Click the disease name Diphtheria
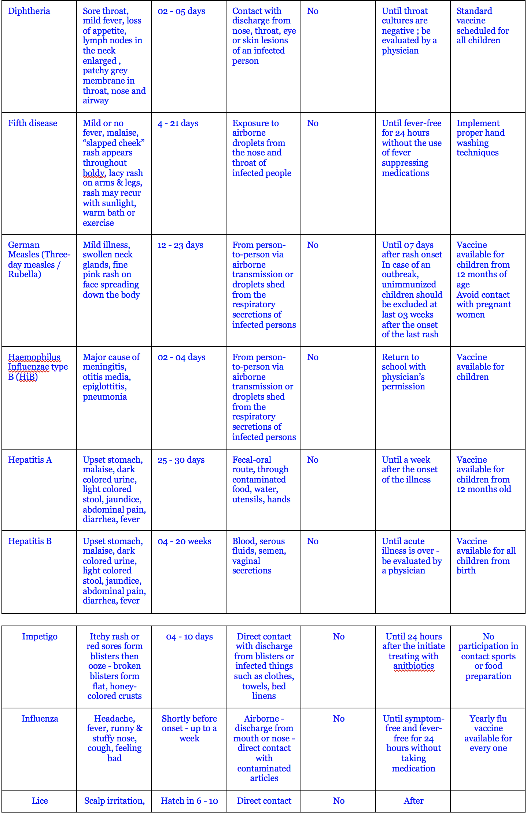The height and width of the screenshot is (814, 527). coord(29,11)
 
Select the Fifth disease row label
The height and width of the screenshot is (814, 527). coord(33,123)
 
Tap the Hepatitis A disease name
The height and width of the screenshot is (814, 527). coord(30,460)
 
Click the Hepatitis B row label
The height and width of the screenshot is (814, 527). coord(30,541)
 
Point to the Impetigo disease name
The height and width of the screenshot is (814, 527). coord(40,637)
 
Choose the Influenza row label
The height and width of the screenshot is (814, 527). coord(40,719)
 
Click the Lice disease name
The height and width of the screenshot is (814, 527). coord(40,801)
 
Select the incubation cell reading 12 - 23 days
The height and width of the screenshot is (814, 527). coord(180,245)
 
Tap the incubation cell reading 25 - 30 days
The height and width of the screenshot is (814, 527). coord(181,460)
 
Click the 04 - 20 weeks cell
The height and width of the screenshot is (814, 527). coord(184,541)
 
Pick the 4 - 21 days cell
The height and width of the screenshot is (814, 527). coord(178,123)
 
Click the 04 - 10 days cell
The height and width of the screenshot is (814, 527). coord(189,637)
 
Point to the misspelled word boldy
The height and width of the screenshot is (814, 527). coord(94,173)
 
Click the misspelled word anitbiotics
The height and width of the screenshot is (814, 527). coord(413,666)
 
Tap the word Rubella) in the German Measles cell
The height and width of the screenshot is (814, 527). coord(25,274)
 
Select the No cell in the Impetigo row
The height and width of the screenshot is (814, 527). coord(339,637)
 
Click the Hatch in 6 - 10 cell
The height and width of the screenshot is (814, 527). coord(189,801)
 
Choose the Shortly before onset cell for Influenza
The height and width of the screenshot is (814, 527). coord(189,728)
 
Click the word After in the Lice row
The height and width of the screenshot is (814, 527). coord(413,801)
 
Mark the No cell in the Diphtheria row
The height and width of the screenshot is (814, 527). coord(313,11)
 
